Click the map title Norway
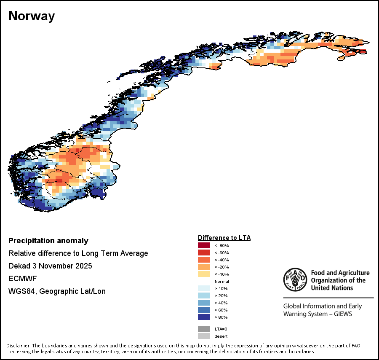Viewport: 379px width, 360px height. coord(32,16)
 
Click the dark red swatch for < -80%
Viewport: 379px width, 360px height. coord(204,245)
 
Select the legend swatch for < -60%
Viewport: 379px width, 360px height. coord(204,253)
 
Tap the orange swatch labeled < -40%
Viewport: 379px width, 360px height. coord(204,260)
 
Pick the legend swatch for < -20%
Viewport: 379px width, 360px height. coord(204,267)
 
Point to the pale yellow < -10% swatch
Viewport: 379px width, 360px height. coord(204,274)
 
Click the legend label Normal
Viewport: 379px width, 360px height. coord(222,281)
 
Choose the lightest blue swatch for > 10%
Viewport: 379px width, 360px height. coord(204,288)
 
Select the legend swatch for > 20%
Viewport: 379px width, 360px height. coord(204,296)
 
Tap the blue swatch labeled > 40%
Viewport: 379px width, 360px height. coord(204,303)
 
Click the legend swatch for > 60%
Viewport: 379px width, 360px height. coord(204,310)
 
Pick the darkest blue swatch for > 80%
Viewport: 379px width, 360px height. coord(204,317)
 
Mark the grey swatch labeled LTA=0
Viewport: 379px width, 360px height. coord(204,329)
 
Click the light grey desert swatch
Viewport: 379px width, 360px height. coord(204,336)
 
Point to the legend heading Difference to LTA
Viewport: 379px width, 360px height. coord(224,238)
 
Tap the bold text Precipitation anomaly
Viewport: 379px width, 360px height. coord(48,241)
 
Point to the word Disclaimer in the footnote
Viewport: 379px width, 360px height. coord(19,346)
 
